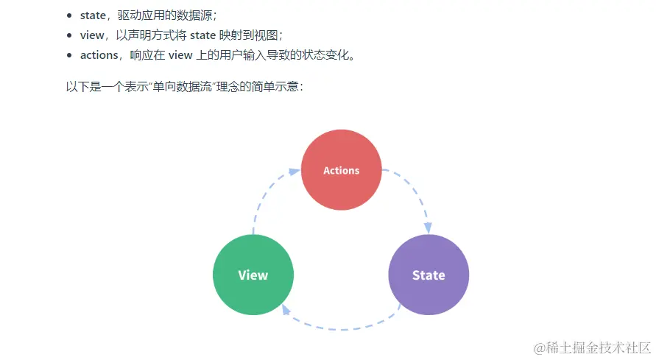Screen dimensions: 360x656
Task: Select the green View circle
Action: pyautogui.click(x=253, y=275)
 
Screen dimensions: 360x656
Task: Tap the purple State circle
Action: pyautogui.click(x=428, y=275)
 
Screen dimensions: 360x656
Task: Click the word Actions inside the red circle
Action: pyautogui.click(x=342, y=170)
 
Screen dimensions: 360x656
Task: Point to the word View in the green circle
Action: pyautogui.click(x=253, y=275)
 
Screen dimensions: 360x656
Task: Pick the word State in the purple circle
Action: pyautogui.click(x=428, y=275)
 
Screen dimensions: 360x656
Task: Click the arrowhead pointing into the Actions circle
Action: pyautogui.click(x=295, y=172)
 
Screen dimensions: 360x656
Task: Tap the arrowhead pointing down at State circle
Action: pyautogui.click(x=427, y=227)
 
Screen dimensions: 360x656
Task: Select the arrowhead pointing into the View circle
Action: pyautogui.click(x=287, y=310)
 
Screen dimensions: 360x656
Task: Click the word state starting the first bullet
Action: pyautogui.click(x=93, y=15)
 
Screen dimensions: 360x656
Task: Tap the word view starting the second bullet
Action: pyautogui.click(x=92, y=35)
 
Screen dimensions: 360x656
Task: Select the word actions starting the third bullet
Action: pyautogui.click(x=99, y=55)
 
